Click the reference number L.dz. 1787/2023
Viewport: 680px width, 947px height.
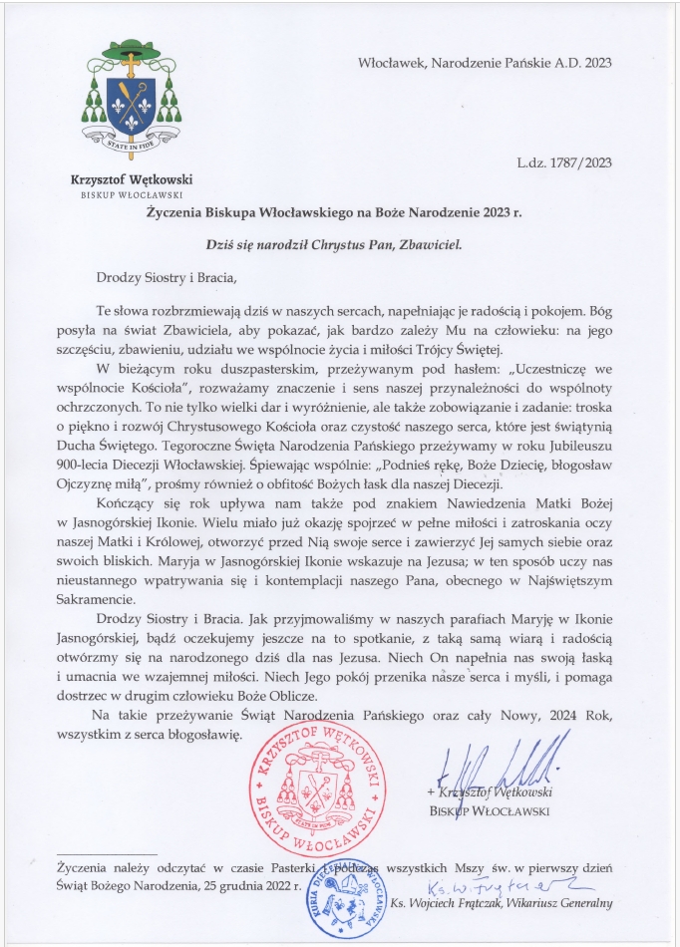pos(563,162)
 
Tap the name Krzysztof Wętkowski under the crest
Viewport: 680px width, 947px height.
pos(131,179)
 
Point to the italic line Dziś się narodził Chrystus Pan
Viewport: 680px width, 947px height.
pos(339,242)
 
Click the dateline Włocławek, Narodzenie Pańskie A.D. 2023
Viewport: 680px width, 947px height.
pos(485,63)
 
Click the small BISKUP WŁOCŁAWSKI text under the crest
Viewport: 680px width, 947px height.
pos(131,194)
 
